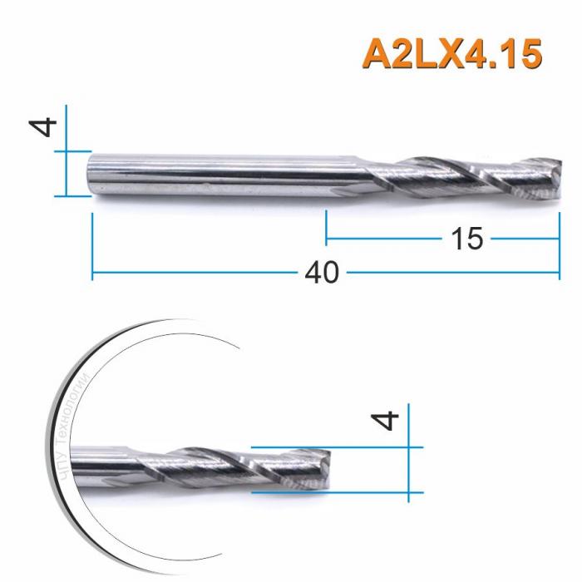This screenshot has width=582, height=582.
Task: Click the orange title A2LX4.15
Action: (x=452, y=54)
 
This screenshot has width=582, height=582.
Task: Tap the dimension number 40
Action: (x=325, y=273)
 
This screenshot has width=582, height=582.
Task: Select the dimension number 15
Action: (x=467, y=239)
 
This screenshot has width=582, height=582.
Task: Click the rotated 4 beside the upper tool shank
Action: (x=46, y=126)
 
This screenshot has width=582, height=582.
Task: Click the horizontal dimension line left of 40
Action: (x=200, y=272)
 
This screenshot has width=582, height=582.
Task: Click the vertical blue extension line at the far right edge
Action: (x=560, y=249)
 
